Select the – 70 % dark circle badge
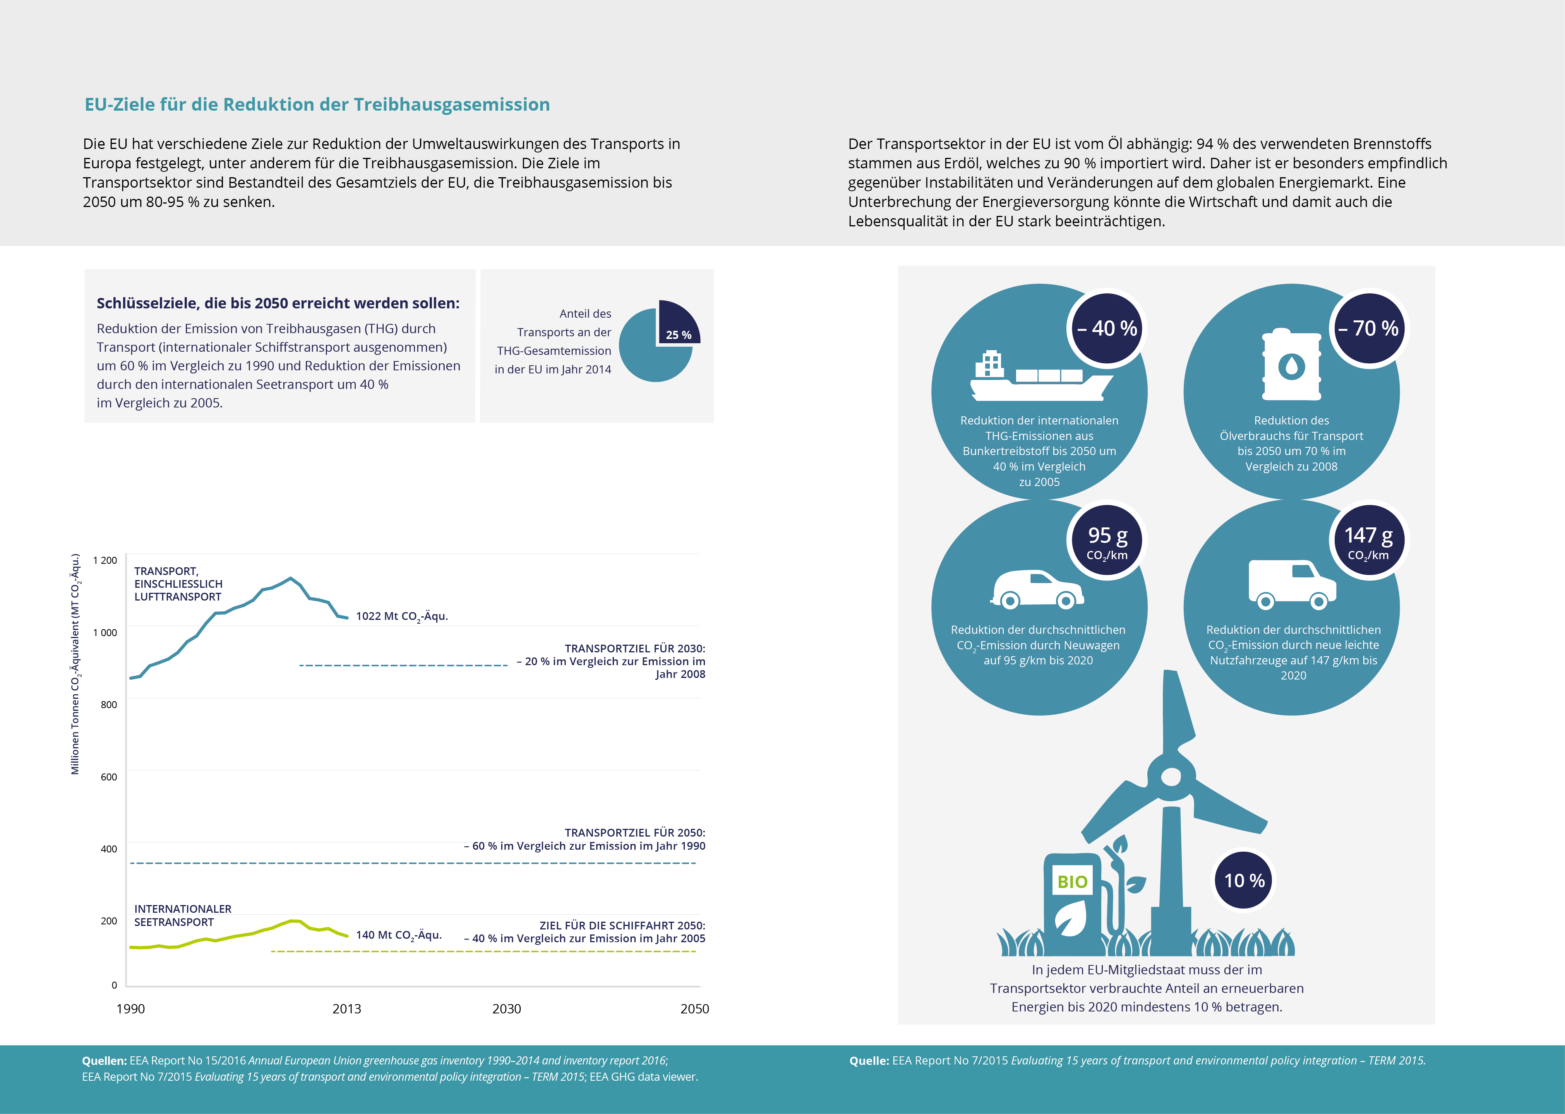tap(1369, 328)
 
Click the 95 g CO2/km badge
tap(1107, 541)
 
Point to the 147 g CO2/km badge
tap(1369, 541)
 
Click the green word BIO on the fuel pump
tap(1072, 881)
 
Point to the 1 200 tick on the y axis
tap(105, 560)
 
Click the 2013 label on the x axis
tap(346, 1008)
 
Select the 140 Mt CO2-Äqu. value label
tap(399, 935)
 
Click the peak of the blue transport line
tap(291, 578)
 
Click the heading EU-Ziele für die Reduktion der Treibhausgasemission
tap(317, 104)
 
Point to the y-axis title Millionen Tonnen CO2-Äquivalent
tap(75, 664)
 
